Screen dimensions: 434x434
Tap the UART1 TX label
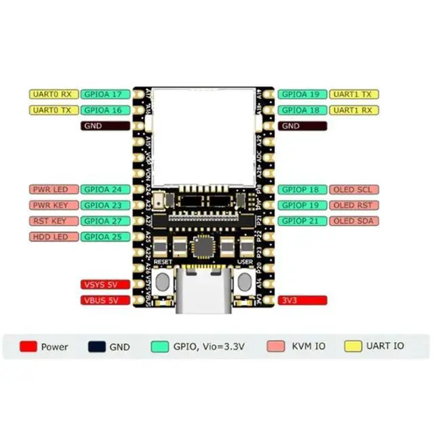coord(354,94)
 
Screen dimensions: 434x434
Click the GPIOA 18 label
coord(302,110)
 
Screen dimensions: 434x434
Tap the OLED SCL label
coord(354,190)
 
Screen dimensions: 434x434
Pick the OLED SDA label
coord(354,221)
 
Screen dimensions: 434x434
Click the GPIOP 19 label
coord(302,205)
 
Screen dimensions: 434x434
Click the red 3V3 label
coord(302,300)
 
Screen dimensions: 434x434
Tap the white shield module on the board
coord(204,136)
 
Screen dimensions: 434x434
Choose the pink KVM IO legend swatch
coord(276,346)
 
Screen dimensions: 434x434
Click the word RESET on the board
coord(163,261)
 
